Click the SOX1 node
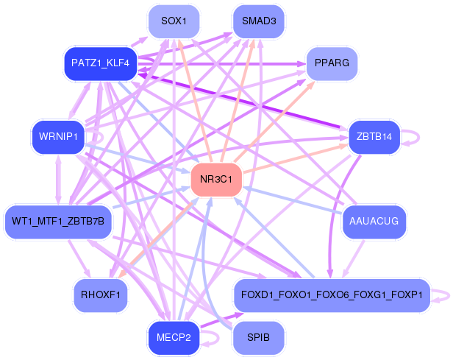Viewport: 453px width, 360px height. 174,21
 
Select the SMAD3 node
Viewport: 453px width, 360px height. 258,21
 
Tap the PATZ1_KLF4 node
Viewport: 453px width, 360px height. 101,63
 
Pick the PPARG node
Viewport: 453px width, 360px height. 332,63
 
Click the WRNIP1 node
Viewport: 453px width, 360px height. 58,136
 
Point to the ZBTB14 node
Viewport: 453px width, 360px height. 374,136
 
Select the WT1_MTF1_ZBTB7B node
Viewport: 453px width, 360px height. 58,221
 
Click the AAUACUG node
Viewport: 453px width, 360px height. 374,221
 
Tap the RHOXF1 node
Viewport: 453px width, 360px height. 101,294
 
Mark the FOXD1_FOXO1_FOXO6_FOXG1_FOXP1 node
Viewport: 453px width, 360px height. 331,294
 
